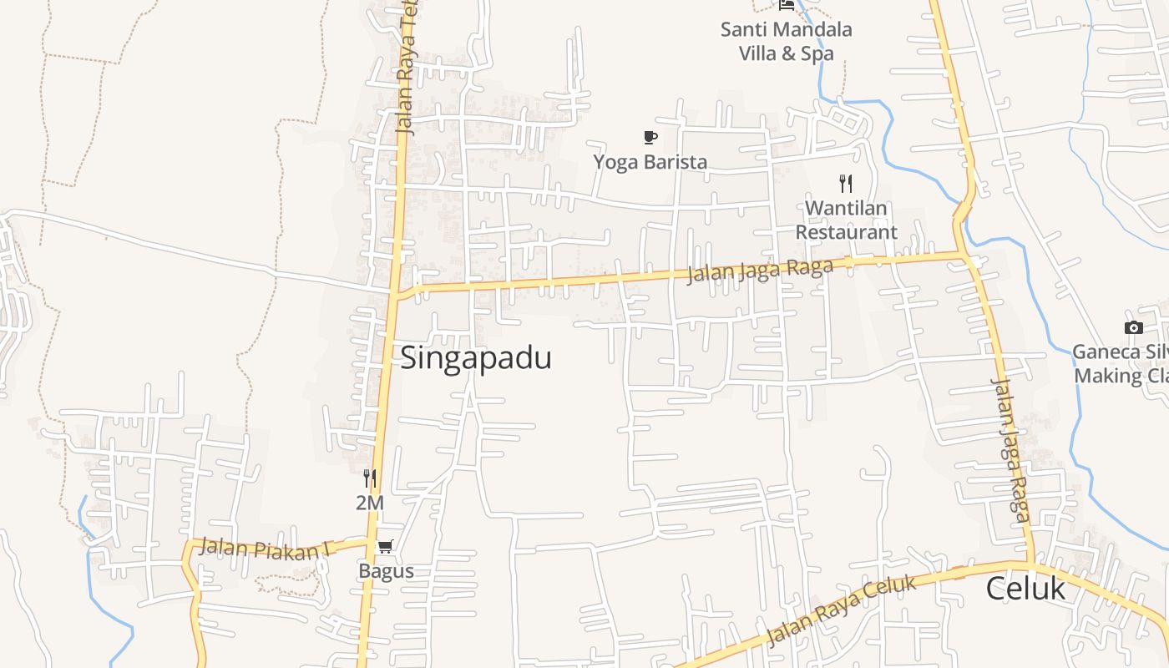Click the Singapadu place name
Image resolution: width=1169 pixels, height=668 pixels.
click(x=476, y=358)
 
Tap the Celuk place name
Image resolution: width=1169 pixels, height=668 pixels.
click(x=1025, y=589)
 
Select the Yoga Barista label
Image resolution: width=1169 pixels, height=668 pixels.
click(x=650, y=162)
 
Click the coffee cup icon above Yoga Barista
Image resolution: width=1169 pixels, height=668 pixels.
click(x=650, y=137)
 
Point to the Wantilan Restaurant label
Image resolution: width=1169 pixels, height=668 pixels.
click(x=846, y=220)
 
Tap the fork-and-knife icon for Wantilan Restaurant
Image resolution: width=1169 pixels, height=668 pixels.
click(x=846, y=183)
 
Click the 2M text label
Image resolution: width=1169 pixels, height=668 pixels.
click(x=369, y=504)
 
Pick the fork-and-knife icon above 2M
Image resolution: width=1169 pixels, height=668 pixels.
click(x=369, y=478)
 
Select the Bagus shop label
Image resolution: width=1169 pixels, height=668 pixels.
click(x=386, y=572)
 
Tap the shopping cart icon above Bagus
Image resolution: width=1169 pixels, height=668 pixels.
click(x=385, y=547)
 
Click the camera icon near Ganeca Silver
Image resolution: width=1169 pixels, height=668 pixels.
click(x=1133, y=327)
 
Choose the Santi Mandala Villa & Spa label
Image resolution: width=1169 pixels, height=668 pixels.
click(x=787, y=42)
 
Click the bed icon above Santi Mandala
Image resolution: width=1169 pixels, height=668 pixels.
click(x=787, y=5)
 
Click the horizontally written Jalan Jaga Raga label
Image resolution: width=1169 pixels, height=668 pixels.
click(x=760, y=271)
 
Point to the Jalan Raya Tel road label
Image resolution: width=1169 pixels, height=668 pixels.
click(x=407, y=67)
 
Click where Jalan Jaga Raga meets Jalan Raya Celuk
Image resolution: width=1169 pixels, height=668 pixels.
click(x=1030, y=564)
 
